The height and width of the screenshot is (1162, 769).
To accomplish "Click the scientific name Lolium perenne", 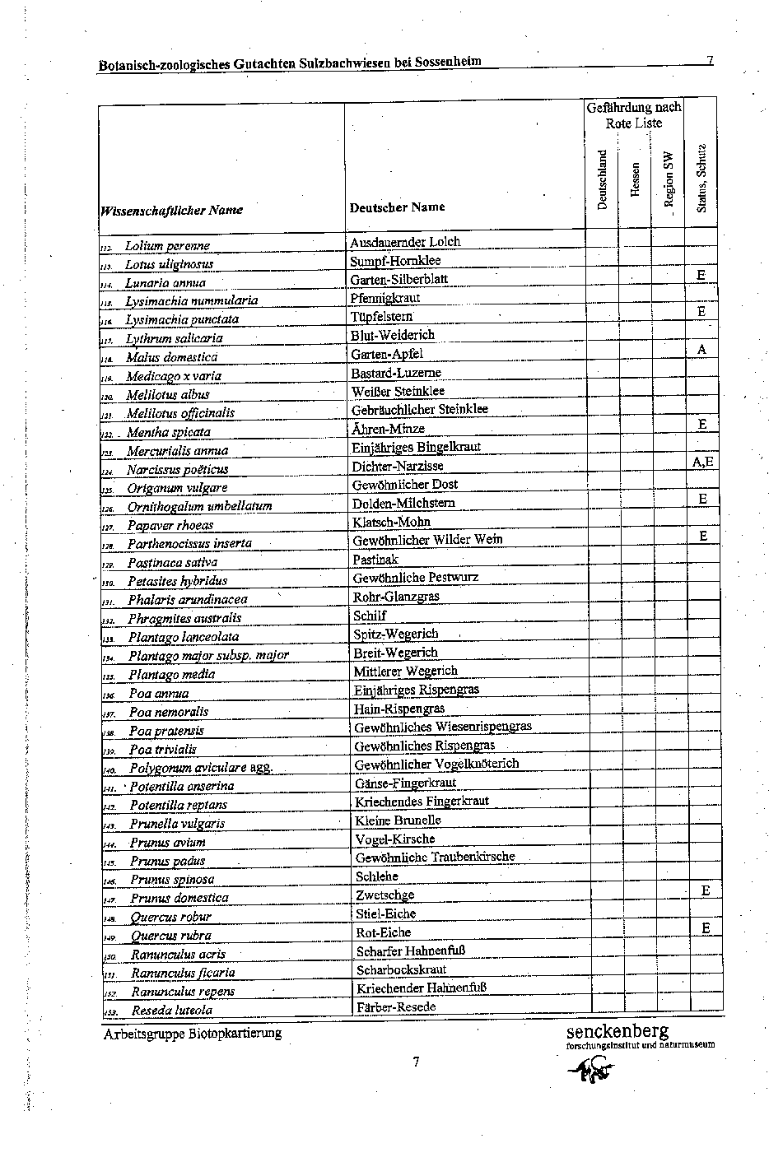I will tap(167, 246).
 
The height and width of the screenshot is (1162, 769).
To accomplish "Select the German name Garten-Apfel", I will tap(386, 354).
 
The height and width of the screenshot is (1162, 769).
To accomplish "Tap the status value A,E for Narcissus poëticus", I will tap(702, 462).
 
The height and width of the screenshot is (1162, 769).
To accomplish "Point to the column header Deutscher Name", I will tap(396, 207).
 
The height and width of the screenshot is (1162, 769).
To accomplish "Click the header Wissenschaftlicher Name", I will tap(171, 210).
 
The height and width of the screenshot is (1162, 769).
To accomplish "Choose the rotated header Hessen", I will tap(635, 178).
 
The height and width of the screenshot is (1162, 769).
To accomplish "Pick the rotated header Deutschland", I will tap(602, 179).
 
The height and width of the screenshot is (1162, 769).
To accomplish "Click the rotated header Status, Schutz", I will tap(701, 178).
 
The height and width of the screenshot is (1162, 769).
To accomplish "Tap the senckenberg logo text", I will tap(618, 1030).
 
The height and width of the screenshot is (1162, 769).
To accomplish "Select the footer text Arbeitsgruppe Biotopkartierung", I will tap(193, 1033).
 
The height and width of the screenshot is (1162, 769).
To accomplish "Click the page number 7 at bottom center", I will tap(417, 1062).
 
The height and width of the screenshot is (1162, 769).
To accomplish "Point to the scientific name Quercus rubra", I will tap(171, 936).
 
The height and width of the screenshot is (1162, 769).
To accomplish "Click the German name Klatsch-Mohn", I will tap(391, 522).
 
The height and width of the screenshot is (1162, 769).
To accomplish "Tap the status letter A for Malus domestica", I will tap(701, 350).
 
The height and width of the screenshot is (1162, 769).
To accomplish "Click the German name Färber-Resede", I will tap(395, 1007).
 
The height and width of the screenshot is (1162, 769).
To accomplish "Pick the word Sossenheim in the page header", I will tap(448, 62).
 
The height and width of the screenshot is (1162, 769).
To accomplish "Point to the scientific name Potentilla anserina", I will tap(182, 786).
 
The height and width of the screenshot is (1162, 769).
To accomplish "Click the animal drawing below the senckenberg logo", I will tap(592, 1070).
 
